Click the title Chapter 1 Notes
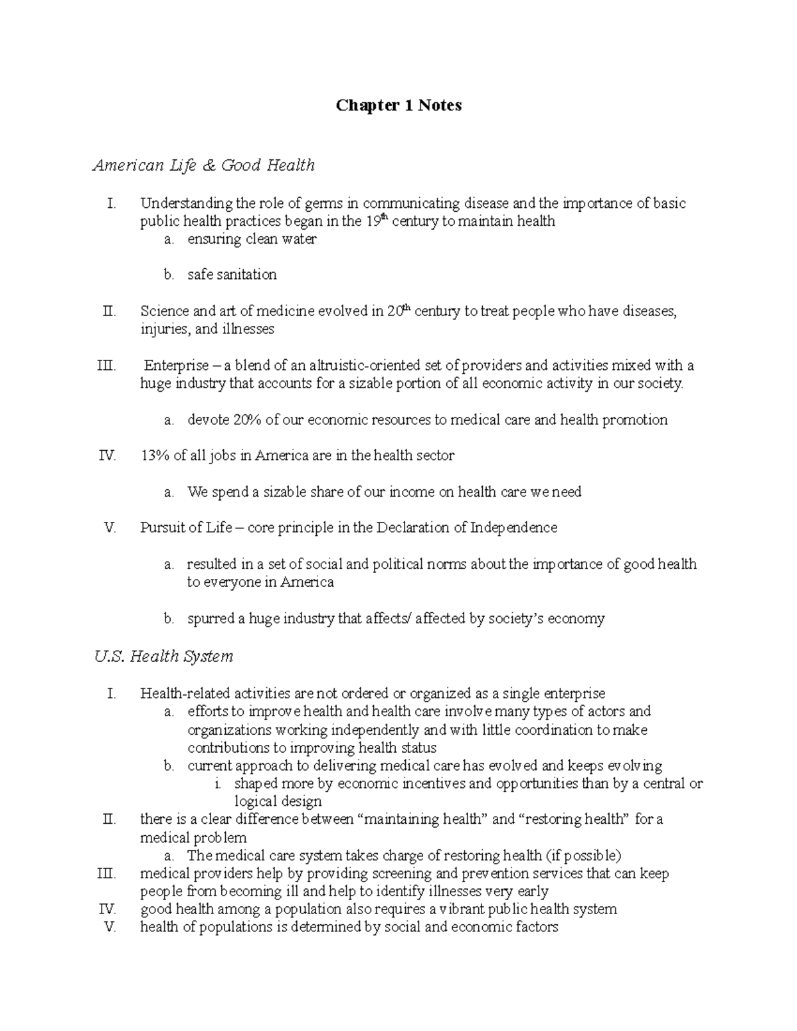(398, 106)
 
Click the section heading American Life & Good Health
(203, 165)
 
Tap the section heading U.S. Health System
(163, 657)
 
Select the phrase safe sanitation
(232, 275)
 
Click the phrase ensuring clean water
(252, 239)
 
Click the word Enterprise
(175, 365)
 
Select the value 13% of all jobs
(154, 455)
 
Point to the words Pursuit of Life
(186, 528)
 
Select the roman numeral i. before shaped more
(218, 783)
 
